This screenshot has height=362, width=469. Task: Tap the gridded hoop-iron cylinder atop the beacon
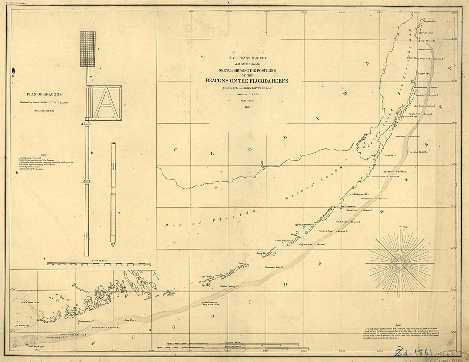tap(87, 49)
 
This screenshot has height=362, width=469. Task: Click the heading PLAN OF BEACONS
tap(44, 95)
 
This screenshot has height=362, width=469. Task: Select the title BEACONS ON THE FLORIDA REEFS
tap(246, 81)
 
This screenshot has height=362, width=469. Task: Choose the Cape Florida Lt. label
tap(428, 41)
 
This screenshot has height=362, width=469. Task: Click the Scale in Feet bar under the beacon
tap(99, 264)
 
